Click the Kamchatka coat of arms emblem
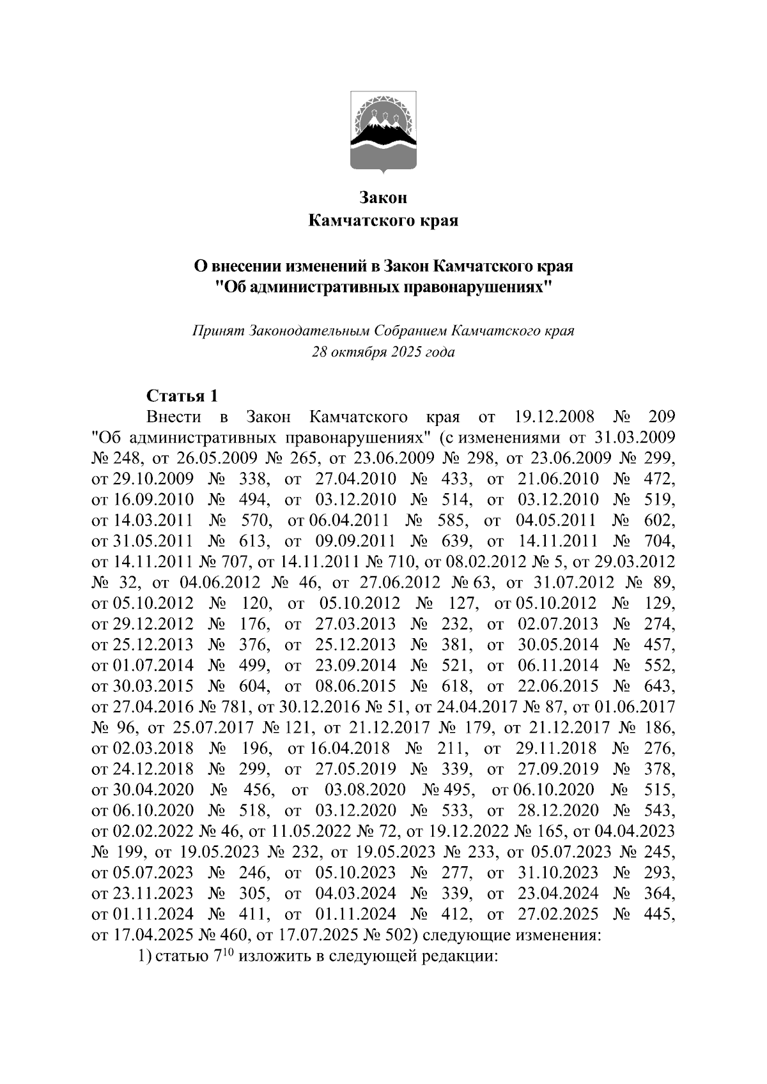383,131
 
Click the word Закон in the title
383,197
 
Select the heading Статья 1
182,396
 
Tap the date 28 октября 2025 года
383,352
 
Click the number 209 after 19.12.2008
661,418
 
